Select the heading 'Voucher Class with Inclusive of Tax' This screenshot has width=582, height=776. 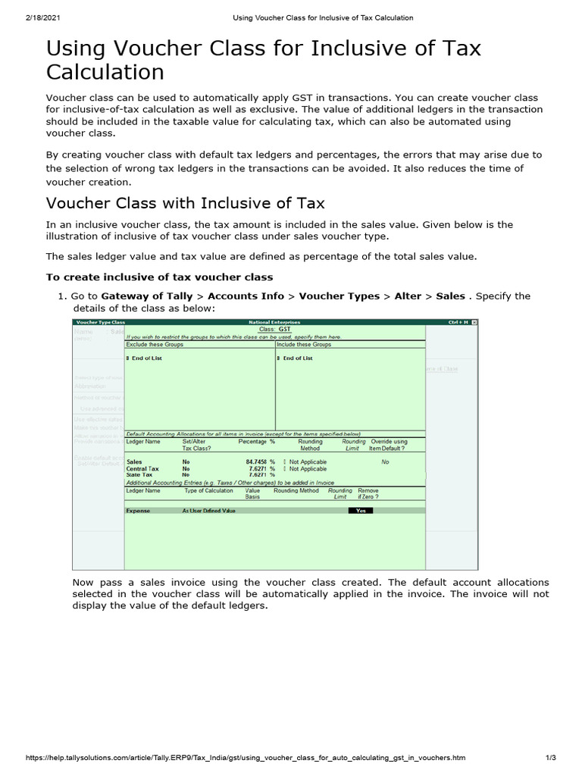tap(186, 203)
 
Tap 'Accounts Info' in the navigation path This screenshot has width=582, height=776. tap(246, 296)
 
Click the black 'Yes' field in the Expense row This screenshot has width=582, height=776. tap(361, 511)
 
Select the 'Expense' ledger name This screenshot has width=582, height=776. tap(138, 511)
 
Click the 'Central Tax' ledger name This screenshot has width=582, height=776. tap(142, 469)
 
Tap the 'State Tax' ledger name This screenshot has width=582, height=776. tap(139, 475)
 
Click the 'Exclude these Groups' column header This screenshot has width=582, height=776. tap(155, 344)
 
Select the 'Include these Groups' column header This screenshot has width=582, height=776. tap(304, 344)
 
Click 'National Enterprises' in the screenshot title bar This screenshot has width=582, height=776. tap(274, 323)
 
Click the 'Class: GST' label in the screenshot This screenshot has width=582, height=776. tap(274, 330)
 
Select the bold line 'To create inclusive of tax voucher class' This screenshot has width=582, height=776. tap(160, 277)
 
